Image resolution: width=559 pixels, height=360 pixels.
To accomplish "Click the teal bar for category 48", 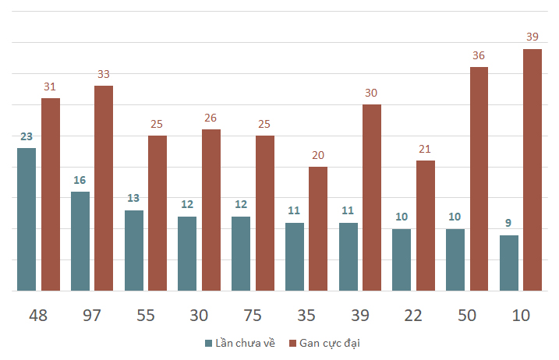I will pos(27,219).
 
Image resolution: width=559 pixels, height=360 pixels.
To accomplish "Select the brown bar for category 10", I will pos(532,170).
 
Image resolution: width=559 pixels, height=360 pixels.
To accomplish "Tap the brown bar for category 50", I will pos(479,178).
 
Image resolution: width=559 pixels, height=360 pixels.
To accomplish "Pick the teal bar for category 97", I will pos(80,241).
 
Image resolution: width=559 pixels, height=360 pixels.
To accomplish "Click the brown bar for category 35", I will pos(318,228).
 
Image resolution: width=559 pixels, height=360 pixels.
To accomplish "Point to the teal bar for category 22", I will pos(402,259).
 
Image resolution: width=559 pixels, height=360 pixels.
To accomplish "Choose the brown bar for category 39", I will pos(372,197).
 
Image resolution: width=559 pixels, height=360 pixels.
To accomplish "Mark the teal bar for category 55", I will pos(133,250).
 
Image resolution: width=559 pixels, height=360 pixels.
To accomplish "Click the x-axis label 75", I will pos(253,316).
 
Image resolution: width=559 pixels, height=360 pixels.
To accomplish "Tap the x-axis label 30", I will pos(199,316).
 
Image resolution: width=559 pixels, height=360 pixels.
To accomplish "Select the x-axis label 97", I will pos(91,316).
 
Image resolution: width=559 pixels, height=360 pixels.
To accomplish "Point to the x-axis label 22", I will pos(413,316).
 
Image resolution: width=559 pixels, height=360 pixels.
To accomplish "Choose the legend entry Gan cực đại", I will pos(329,343).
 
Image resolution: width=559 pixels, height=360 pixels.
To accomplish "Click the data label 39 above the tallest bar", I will pos(532,37).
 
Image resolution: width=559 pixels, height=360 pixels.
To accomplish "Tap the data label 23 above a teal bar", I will pos(27,136).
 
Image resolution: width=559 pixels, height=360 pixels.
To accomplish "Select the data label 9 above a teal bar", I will pos(508,224).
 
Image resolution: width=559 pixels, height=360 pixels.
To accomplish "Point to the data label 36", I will pos(479,55).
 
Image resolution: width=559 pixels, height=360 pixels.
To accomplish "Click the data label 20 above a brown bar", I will pos(318,155).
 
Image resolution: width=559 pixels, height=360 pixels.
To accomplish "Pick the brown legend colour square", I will pos(292,343).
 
